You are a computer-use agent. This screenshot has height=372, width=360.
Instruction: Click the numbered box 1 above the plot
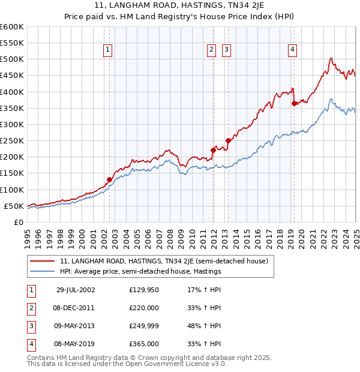(x=107, y=50)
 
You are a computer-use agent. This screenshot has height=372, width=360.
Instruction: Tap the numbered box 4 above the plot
(x=292, y=50)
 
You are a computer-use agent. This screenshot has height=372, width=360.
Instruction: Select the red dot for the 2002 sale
(x=109, y=179)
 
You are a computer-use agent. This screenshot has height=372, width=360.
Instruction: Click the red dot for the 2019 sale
(x=294, y=103)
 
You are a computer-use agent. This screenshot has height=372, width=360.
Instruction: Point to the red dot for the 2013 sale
(x=228, y=140)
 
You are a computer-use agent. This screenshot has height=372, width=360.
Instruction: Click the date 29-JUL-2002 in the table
(x=76, y=290)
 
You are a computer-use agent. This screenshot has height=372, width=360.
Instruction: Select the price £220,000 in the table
(x=144, y=308)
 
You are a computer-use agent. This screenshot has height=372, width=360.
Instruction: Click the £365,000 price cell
(x=144, y=344)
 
